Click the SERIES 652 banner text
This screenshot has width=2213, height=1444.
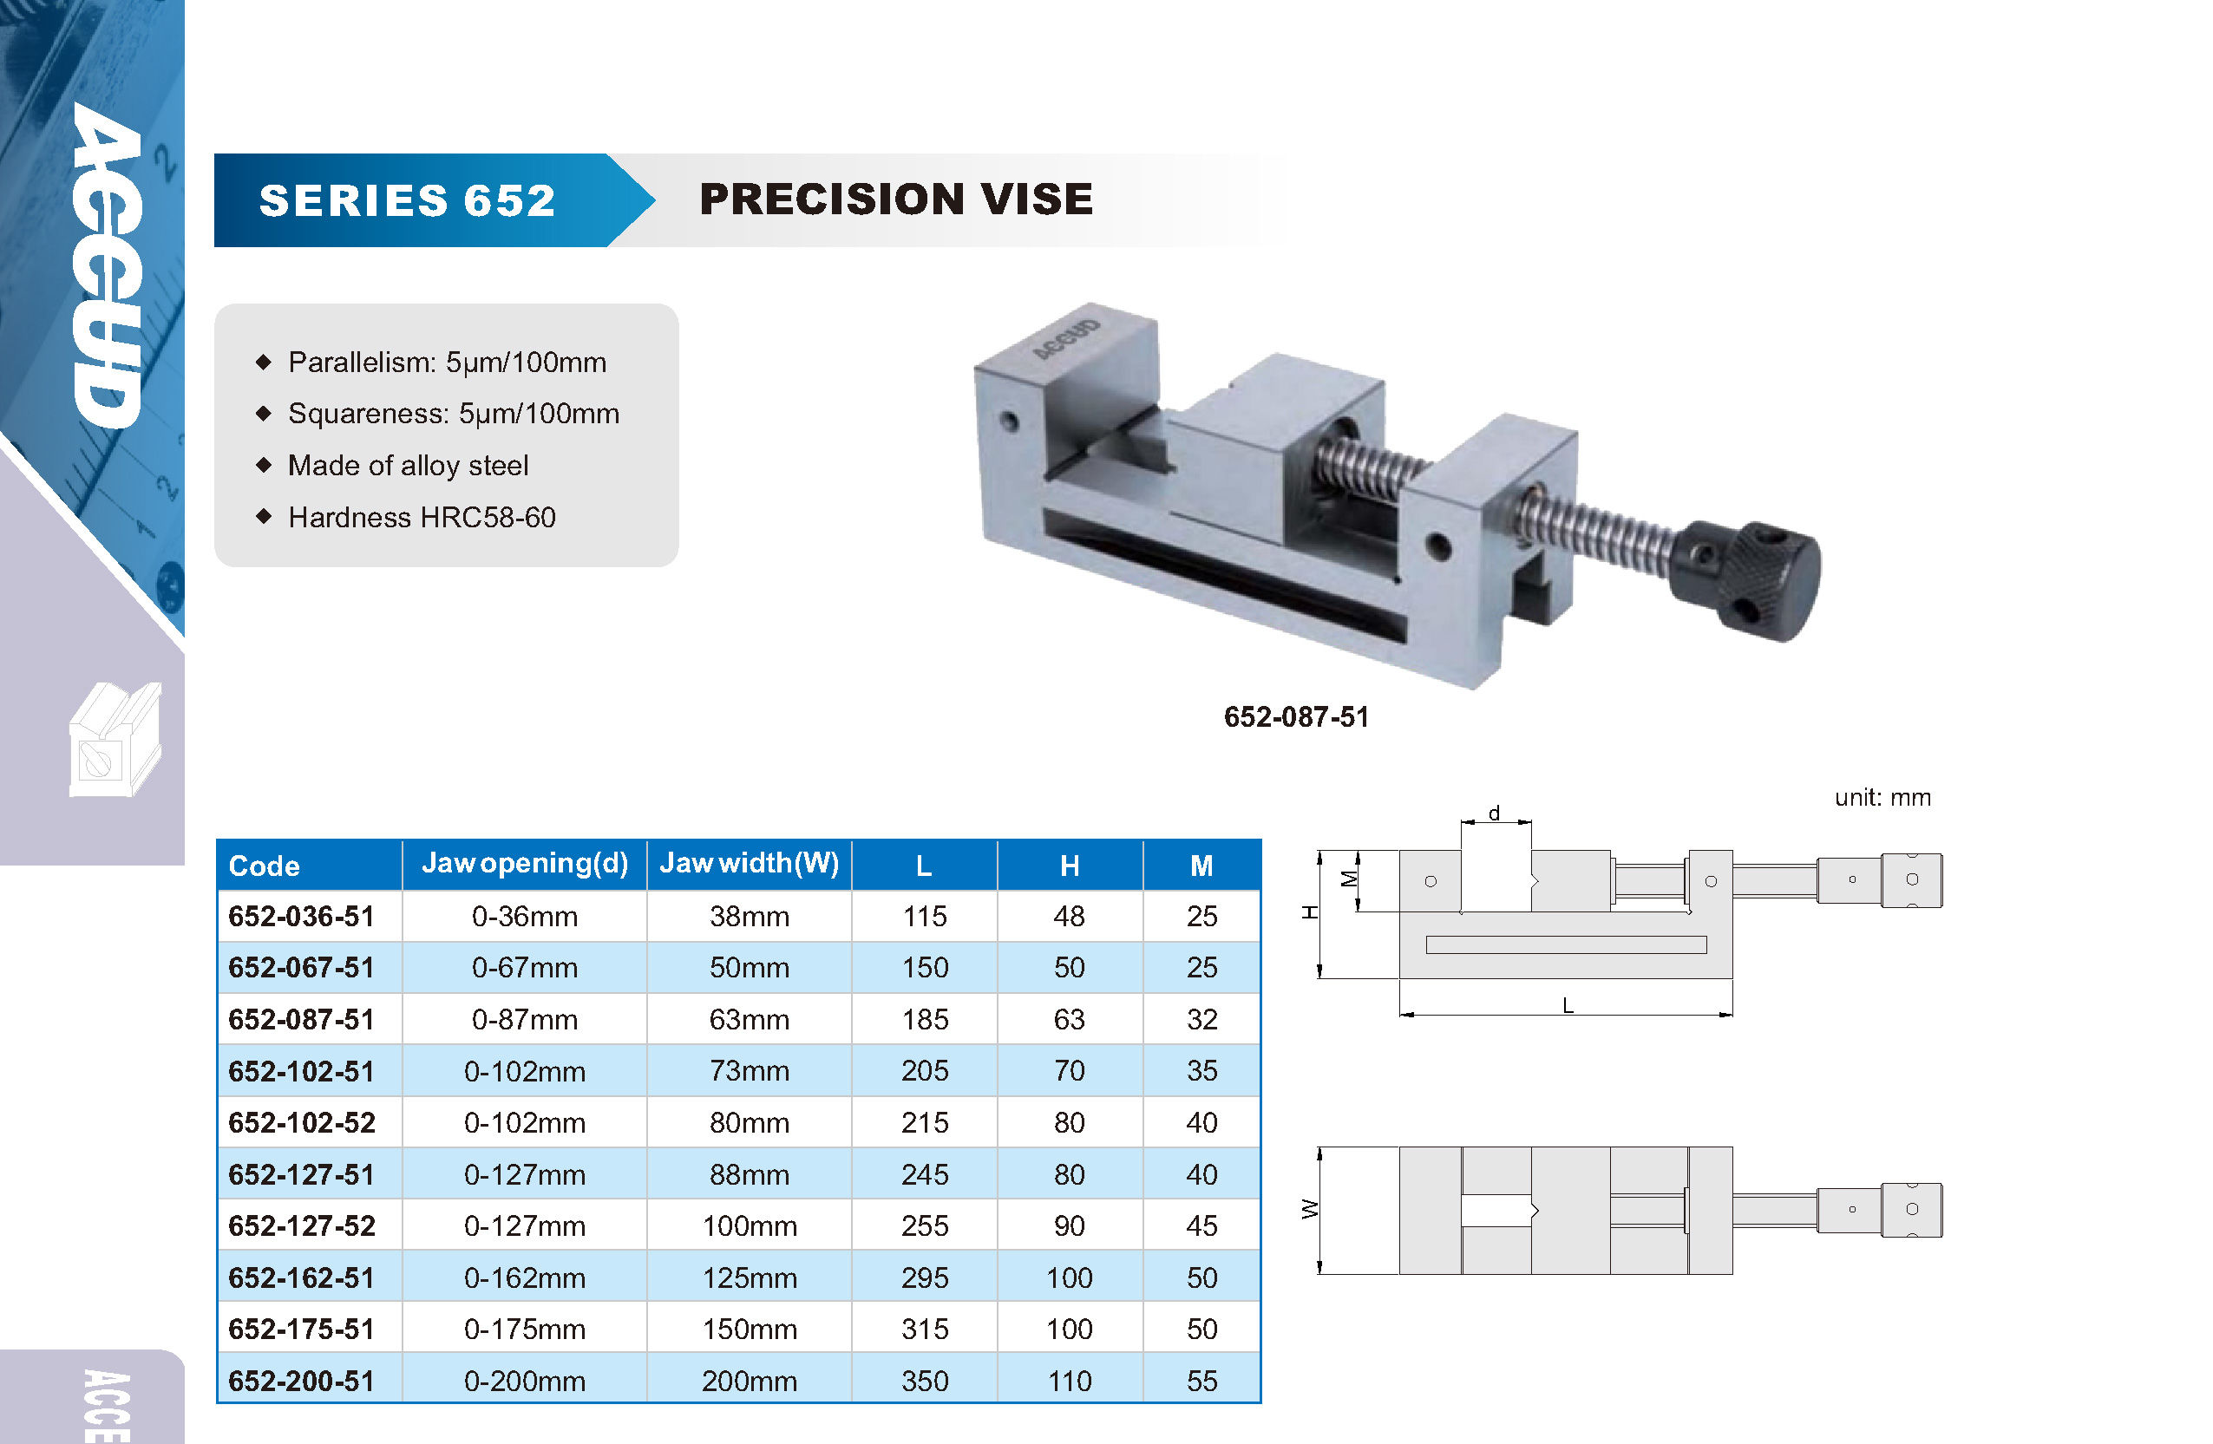tap(407, 201)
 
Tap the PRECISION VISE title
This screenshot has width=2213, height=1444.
tap(896, 199)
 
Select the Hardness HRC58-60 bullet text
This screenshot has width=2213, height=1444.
tap(422, 517)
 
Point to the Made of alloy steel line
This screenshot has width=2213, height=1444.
tap(409, 465)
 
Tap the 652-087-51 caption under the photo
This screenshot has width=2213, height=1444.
tap(1296, 717)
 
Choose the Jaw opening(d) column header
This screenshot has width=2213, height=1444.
tap(526, 864)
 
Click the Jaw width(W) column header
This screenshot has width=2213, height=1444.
tap(750, 864)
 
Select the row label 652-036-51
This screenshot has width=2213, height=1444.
tap(301, 916)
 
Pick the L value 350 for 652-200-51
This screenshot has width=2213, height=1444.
tap(925, 1381)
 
